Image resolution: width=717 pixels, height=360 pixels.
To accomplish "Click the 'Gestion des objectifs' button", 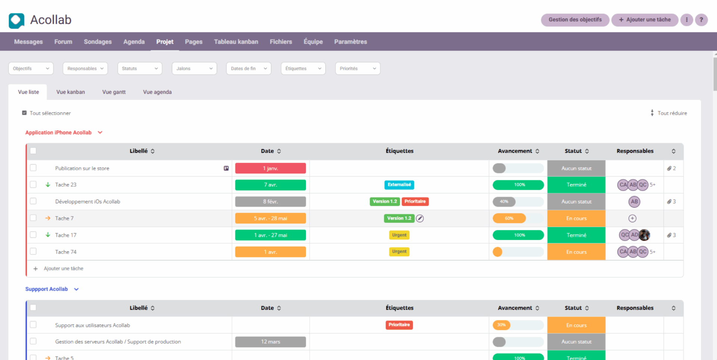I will point(575,20).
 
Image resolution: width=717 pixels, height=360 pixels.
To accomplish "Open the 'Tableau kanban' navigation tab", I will point(236,42).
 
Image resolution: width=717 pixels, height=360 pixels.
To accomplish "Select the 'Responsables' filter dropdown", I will point(85,69).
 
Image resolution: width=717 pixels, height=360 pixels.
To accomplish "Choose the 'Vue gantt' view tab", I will point(114,92).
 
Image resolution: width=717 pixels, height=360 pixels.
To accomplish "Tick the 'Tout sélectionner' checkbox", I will point(25,113).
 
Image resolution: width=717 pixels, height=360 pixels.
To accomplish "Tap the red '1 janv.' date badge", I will point(270,168).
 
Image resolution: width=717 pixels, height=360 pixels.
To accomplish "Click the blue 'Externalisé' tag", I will point(399,185).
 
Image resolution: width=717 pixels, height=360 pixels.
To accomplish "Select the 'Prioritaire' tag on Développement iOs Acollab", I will point(415,202).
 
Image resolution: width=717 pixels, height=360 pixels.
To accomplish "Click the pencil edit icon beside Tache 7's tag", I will point(420,218).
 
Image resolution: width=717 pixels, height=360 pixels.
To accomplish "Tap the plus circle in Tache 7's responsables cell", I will point(632,218).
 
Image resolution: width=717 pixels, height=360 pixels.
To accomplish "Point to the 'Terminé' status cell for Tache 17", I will point(576,235).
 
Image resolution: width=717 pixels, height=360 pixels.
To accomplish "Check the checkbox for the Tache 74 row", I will point(33,251).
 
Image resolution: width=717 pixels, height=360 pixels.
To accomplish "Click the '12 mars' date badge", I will point(270,342).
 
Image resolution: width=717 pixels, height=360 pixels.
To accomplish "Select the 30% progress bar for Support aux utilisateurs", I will point(518,325).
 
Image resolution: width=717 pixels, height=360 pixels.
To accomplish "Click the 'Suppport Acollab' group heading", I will point(47,289).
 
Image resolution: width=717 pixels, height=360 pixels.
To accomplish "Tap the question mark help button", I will point(701,20).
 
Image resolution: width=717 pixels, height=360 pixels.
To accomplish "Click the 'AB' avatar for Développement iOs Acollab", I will point(634,202).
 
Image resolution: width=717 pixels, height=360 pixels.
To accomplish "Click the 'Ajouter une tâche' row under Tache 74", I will point(63,269).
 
